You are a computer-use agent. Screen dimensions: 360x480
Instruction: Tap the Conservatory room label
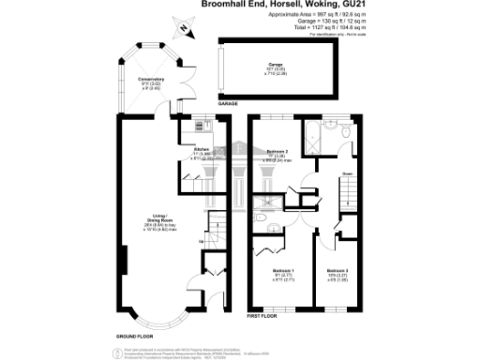click(x=152, y=82)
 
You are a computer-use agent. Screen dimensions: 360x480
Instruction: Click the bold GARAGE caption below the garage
click(x=229, y=102)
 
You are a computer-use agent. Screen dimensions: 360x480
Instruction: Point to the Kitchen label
click(x=200, y=151)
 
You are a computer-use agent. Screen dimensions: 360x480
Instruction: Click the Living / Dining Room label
click(x=142, y=222)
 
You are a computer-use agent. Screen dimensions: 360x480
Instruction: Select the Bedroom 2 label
click(x=276, y=153)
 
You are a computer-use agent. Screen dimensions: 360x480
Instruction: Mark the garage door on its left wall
click(x=220, y=67)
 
